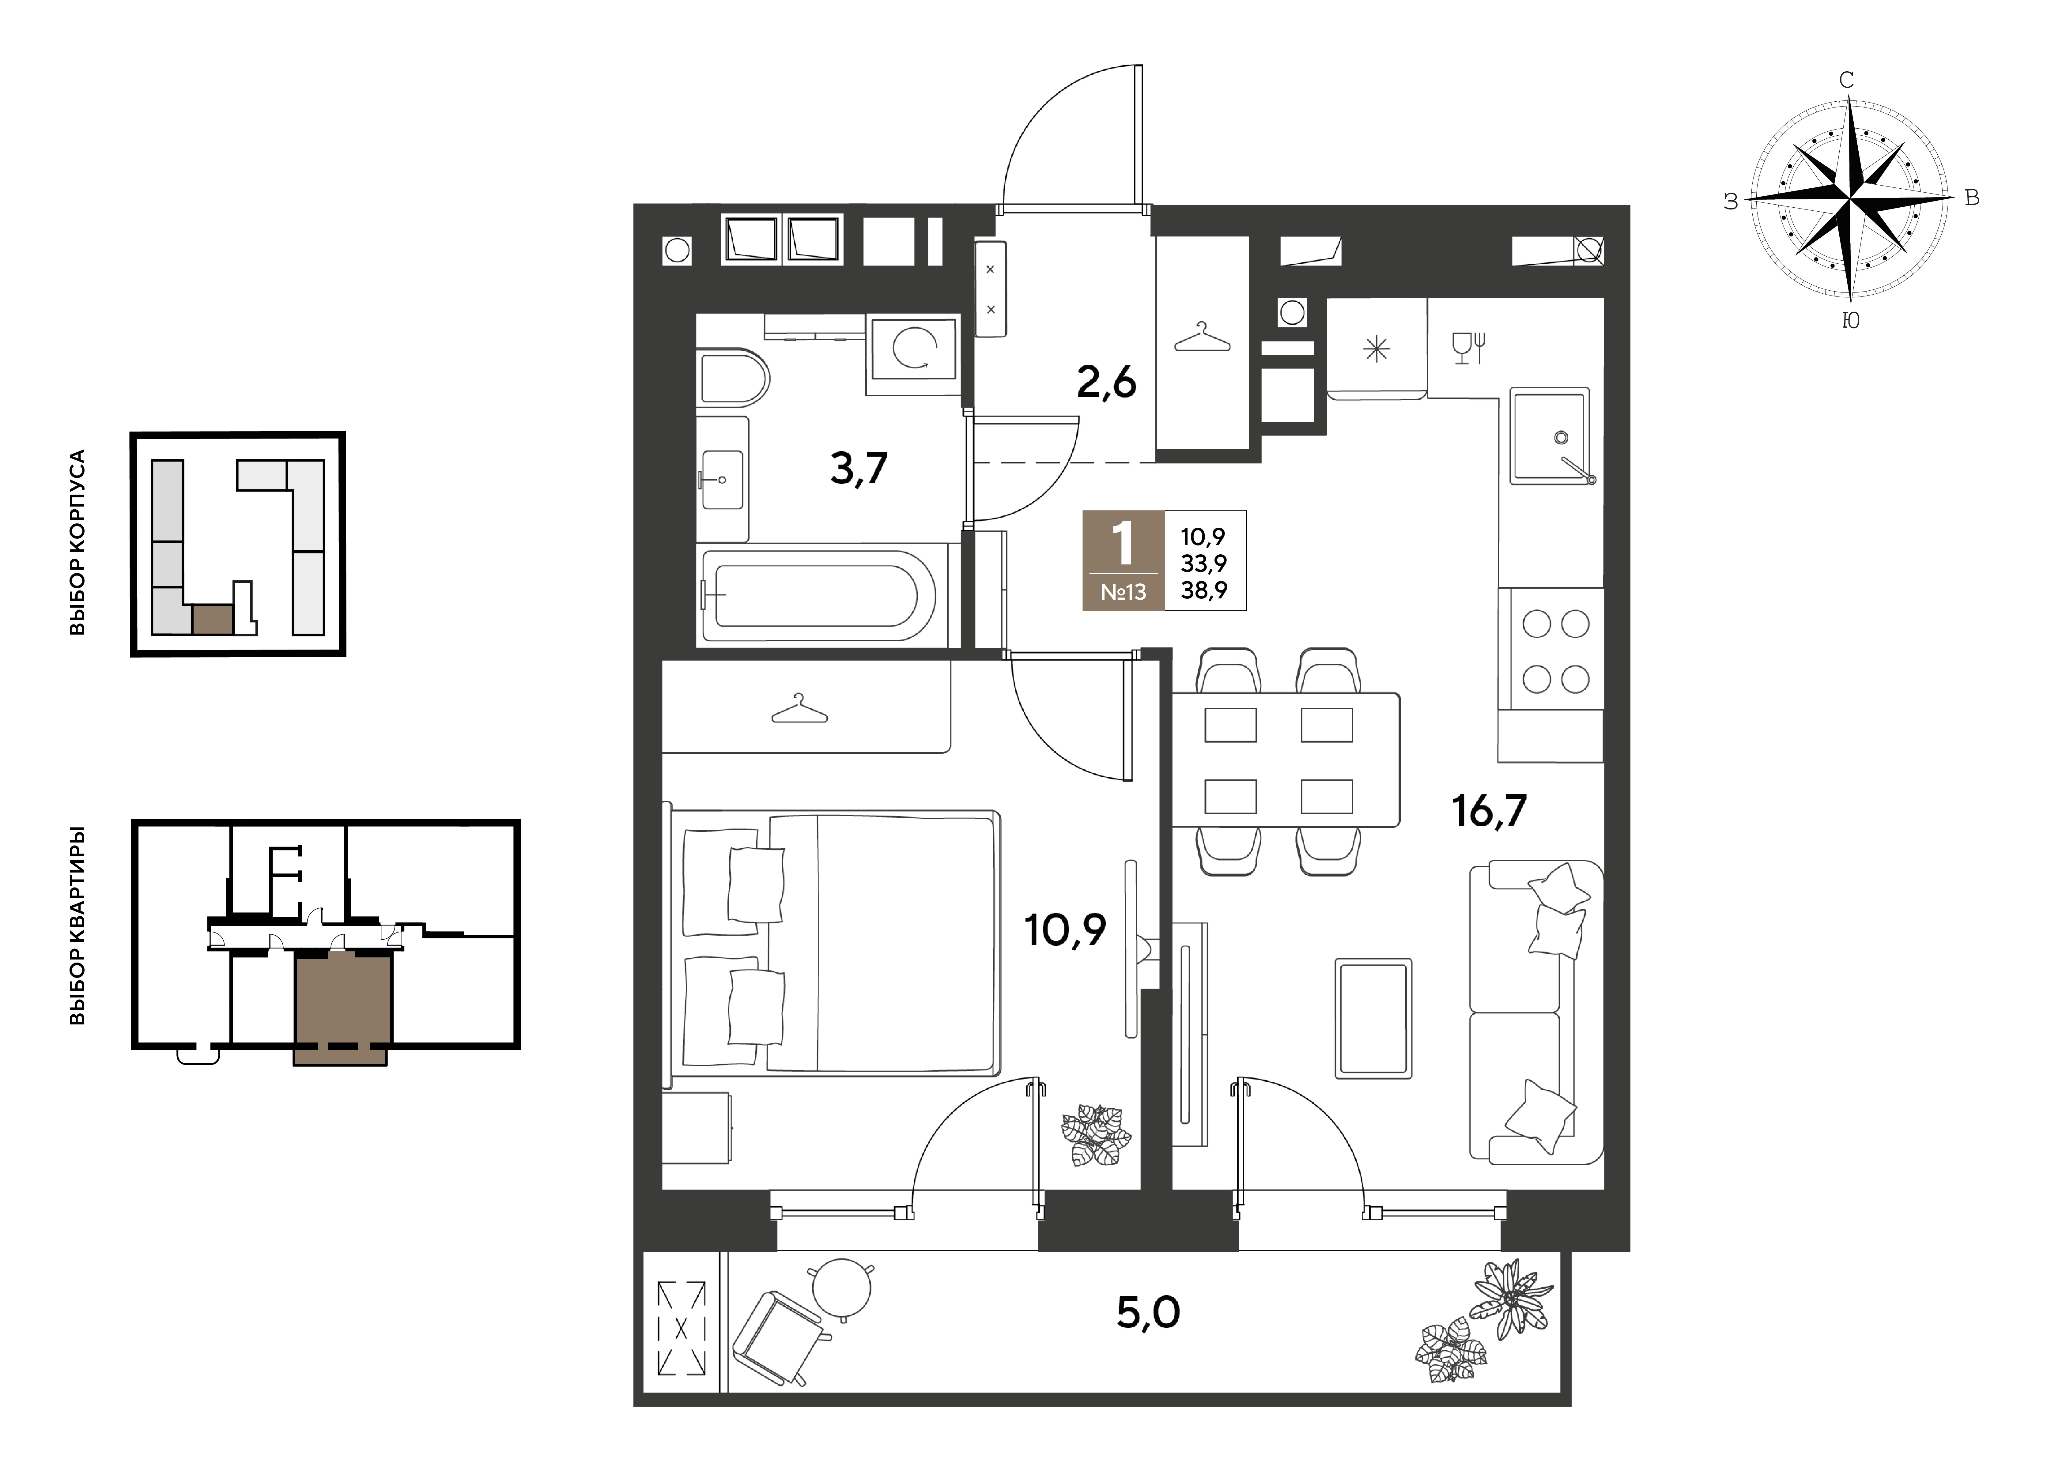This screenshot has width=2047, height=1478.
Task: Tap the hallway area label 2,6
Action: [1107, 383]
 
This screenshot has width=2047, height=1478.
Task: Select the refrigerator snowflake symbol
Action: [1377, 348]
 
